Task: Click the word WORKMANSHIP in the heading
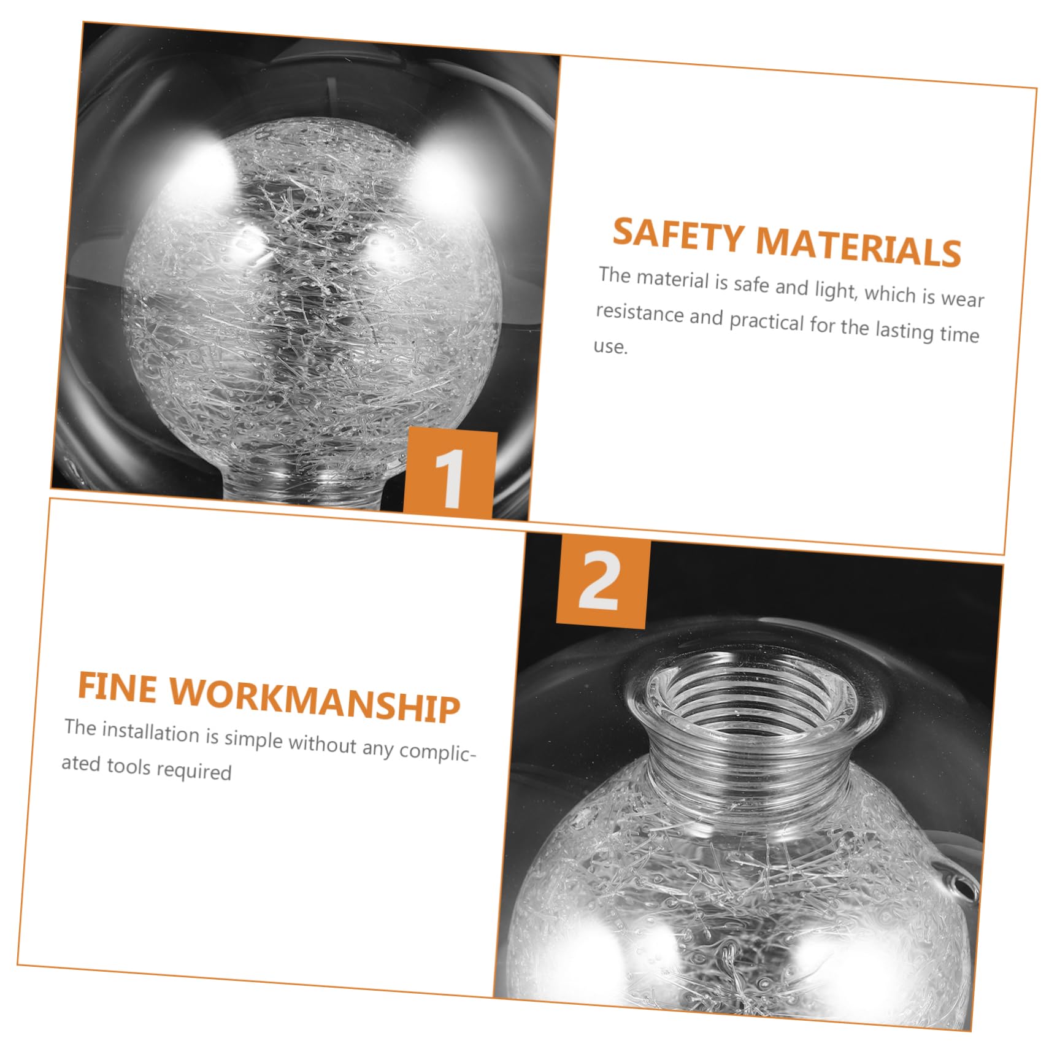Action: (x=315, y=701)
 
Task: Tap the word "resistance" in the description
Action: (x=639, y=313)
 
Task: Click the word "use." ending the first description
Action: (x=610, y=347)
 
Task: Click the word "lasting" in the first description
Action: (x=904, y=330)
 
